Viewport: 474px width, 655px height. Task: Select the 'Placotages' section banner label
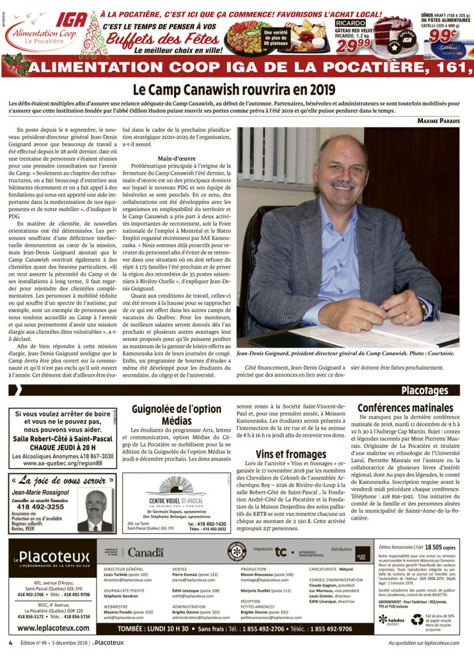(429, 390)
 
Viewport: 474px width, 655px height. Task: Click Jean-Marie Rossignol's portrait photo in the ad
(95, 510)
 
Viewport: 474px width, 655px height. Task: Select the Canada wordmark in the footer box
(145, 552)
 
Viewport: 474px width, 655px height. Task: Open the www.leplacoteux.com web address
(51, 629)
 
